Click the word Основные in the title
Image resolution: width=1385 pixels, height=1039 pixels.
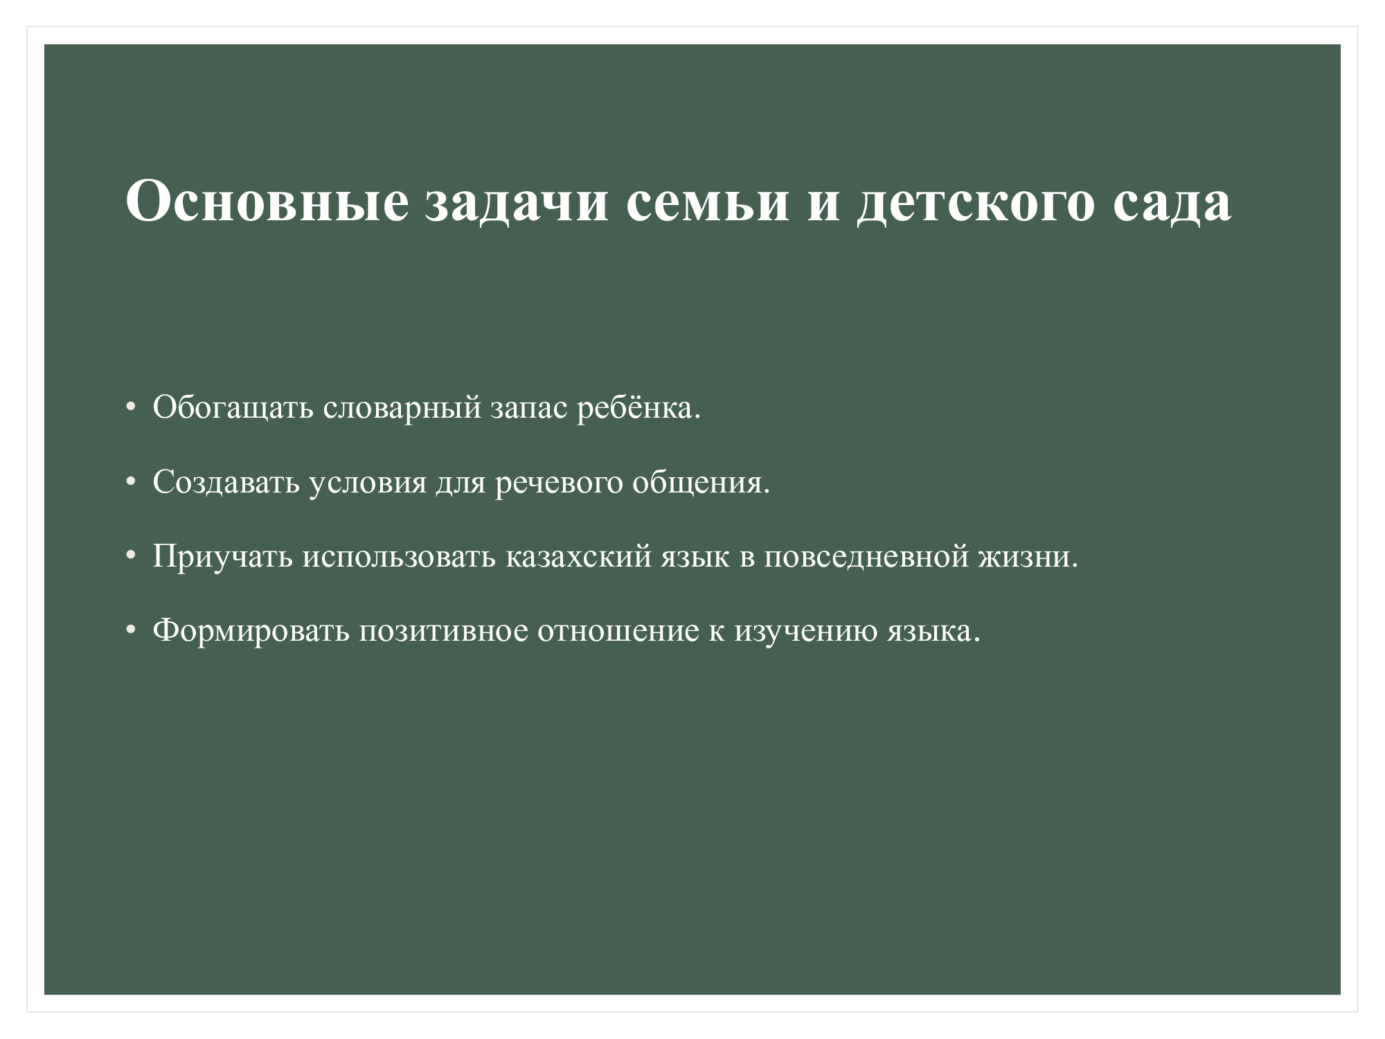(x=267, y=201)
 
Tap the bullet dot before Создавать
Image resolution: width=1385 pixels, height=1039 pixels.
(x=130, y=483)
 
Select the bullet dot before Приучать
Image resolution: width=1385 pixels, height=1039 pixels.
(x=130, y=557)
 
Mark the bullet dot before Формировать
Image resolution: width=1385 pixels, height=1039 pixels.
(x=130, y=631)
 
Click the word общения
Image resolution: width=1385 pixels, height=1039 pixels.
(x=702, y=483)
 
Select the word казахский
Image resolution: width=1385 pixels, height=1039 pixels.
(x=579, y=557)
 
